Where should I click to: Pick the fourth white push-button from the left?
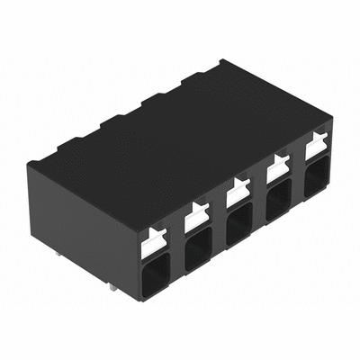278,166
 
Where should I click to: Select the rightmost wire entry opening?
317,176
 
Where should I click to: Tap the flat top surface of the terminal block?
180,135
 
